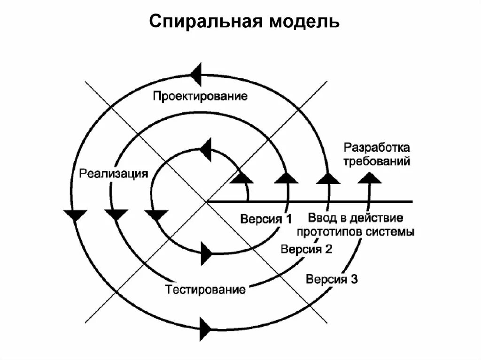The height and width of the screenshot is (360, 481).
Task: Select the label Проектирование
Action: [200, 97]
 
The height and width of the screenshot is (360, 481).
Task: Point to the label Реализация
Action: [114, 173]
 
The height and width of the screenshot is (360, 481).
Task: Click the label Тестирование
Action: [206, 289]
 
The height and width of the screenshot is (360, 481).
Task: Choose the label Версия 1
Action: [266, 219]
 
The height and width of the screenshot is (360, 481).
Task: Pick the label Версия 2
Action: [306, 249]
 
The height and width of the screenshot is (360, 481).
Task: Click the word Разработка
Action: [377, 148]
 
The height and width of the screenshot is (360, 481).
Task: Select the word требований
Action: [377, 162]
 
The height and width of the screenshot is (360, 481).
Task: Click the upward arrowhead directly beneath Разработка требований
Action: [371, 177]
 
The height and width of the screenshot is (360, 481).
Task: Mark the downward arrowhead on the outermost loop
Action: [75, 215]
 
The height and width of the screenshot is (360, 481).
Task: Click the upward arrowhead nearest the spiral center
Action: [242, 177]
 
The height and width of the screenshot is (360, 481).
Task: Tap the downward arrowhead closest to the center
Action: [156, 215]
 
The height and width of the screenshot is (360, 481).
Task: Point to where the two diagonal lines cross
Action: [206, 201]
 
